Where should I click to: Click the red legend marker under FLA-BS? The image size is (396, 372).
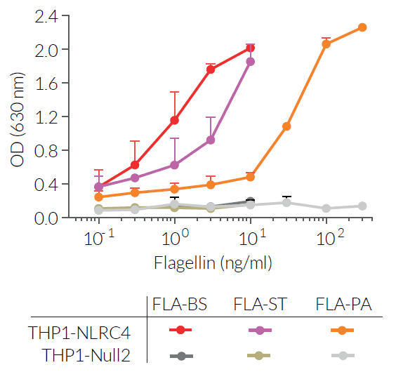(x=180, y=330)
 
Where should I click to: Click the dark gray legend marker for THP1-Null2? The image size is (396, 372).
(x=180, y=355)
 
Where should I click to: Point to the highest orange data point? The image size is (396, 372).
(x=362, y=27)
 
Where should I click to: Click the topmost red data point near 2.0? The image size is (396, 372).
(x=250, y=48)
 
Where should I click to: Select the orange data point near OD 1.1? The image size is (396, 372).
(x=286, y=126)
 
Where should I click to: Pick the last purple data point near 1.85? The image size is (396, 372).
(x=250, y=62)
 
